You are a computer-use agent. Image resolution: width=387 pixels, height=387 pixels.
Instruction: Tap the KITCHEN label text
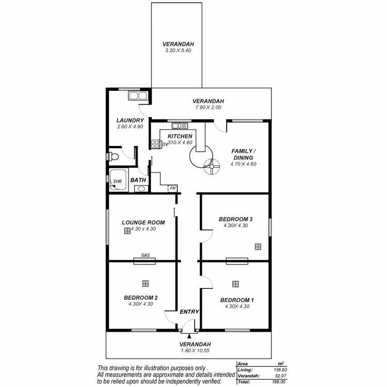[x=180, y=136]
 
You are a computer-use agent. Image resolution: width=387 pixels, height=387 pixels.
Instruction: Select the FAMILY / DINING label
[x=243, y=154]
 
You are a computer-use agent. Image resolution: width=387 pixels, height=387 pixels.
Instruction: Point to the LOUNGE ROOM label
[x=143, y=222]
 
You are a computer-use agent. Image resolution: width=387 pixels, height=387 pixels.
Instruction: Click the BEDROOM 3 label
[x=236, y=219]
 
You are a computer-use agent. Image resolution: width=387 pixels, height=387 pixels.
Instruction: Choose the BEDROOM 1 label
[x=237, y=300]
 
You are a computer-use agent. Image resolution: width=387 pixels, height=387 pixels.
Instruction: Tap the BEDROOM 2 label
[x=140, y=298]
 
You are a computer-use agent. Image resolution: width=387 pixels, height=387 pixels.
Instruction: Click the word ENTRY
[x=189, y=312]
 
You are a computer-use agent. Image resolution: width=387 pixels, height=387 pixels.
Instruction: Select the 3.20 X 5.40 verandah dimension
[x=178, y=51]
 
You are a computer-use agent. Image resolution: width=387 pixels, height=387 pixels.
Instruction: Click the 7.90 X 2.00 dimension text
[x=208, y=107]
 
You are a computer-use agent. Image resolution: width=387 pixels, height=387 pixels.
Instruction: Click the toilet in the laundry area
[x=113, y=156]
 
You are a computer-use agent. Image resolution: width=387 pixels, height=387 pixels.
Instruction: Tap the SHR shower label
[x=118, y=182]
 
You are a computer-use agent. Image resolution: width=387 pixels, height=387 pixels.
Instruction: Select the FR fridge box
[x=173, y=189]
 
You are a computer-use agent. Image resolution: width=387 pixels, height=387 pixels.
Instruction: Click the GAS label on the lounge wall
[x=146, y=255]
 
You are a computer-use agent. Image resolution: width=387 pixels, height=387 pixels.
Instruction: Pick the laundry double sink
[x=138, y=95]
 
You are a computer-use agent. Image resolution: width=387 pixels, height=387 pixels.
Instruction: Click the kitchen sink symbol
[x=180, y=125]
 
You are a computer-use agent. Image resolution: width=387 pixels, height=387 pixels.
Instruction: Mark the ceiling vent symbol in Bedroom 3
[x=257, y=247]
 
